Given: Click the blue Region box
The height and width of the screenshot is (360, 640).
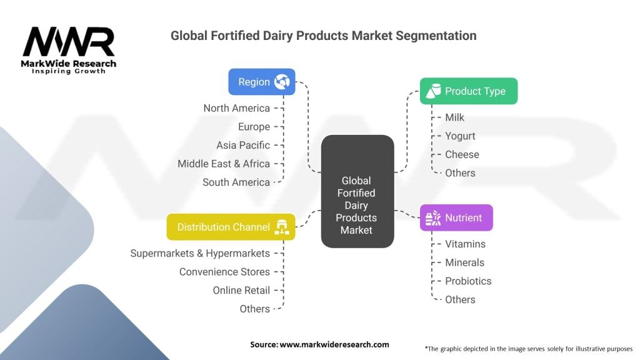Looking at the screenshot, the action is pos(262,82).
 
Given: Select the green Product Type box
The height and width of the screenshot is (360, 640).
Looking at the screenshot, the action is pos(469,91).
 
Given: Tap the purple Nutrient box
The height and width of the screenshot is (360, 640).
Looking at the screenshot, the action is pos(456,217).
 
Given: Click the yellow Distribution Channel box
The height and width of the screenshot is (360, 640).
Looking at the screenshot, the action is pos(231,227).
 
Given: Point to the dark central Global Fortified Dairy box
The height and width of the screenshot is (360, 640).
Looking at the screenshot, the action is pos(357,191).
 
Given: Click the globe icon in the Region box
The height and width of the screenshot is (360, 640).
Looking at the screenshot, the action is pos(282,82).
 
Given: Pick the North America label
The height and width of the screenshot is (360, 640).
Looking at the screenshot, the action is pos(237,108).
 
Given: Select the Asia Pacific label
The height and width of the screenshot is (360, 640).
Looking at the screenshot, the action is pos(243,145).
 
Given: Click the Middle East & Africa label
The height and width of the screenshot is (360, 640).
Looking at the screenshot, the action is pos(224,164).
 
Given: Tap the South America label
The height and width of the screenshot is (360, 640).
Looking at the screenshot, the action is pos(236,182).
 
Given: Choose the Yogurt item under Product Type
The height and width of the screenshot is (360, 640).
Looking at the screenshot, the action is pos(460,136).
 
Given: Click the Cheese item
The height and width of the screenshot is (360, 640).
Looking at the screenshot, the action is pos(462,154).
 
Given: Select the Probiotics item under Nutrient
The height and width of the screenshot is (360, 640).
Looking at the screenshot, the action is pos(468,281).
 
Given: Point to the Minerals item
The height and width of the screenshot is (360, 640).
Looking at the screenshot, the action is pos(464,262).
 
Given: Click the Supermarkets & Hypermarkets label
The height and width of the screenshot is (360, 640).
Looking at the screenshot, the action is pos(200,254).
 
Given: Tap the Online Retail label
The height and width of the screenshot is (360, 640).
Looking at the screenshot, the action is pos(241,290).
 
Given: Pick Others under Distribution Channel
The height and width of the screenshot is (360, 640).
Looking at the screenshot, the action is pos(255,309).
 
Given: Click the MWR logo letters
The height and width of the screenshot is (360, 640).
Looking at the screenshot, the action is pos(69,42).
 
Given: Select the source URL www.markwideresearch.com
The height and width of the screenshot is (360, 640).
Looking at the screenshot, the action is pos(334,344).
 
